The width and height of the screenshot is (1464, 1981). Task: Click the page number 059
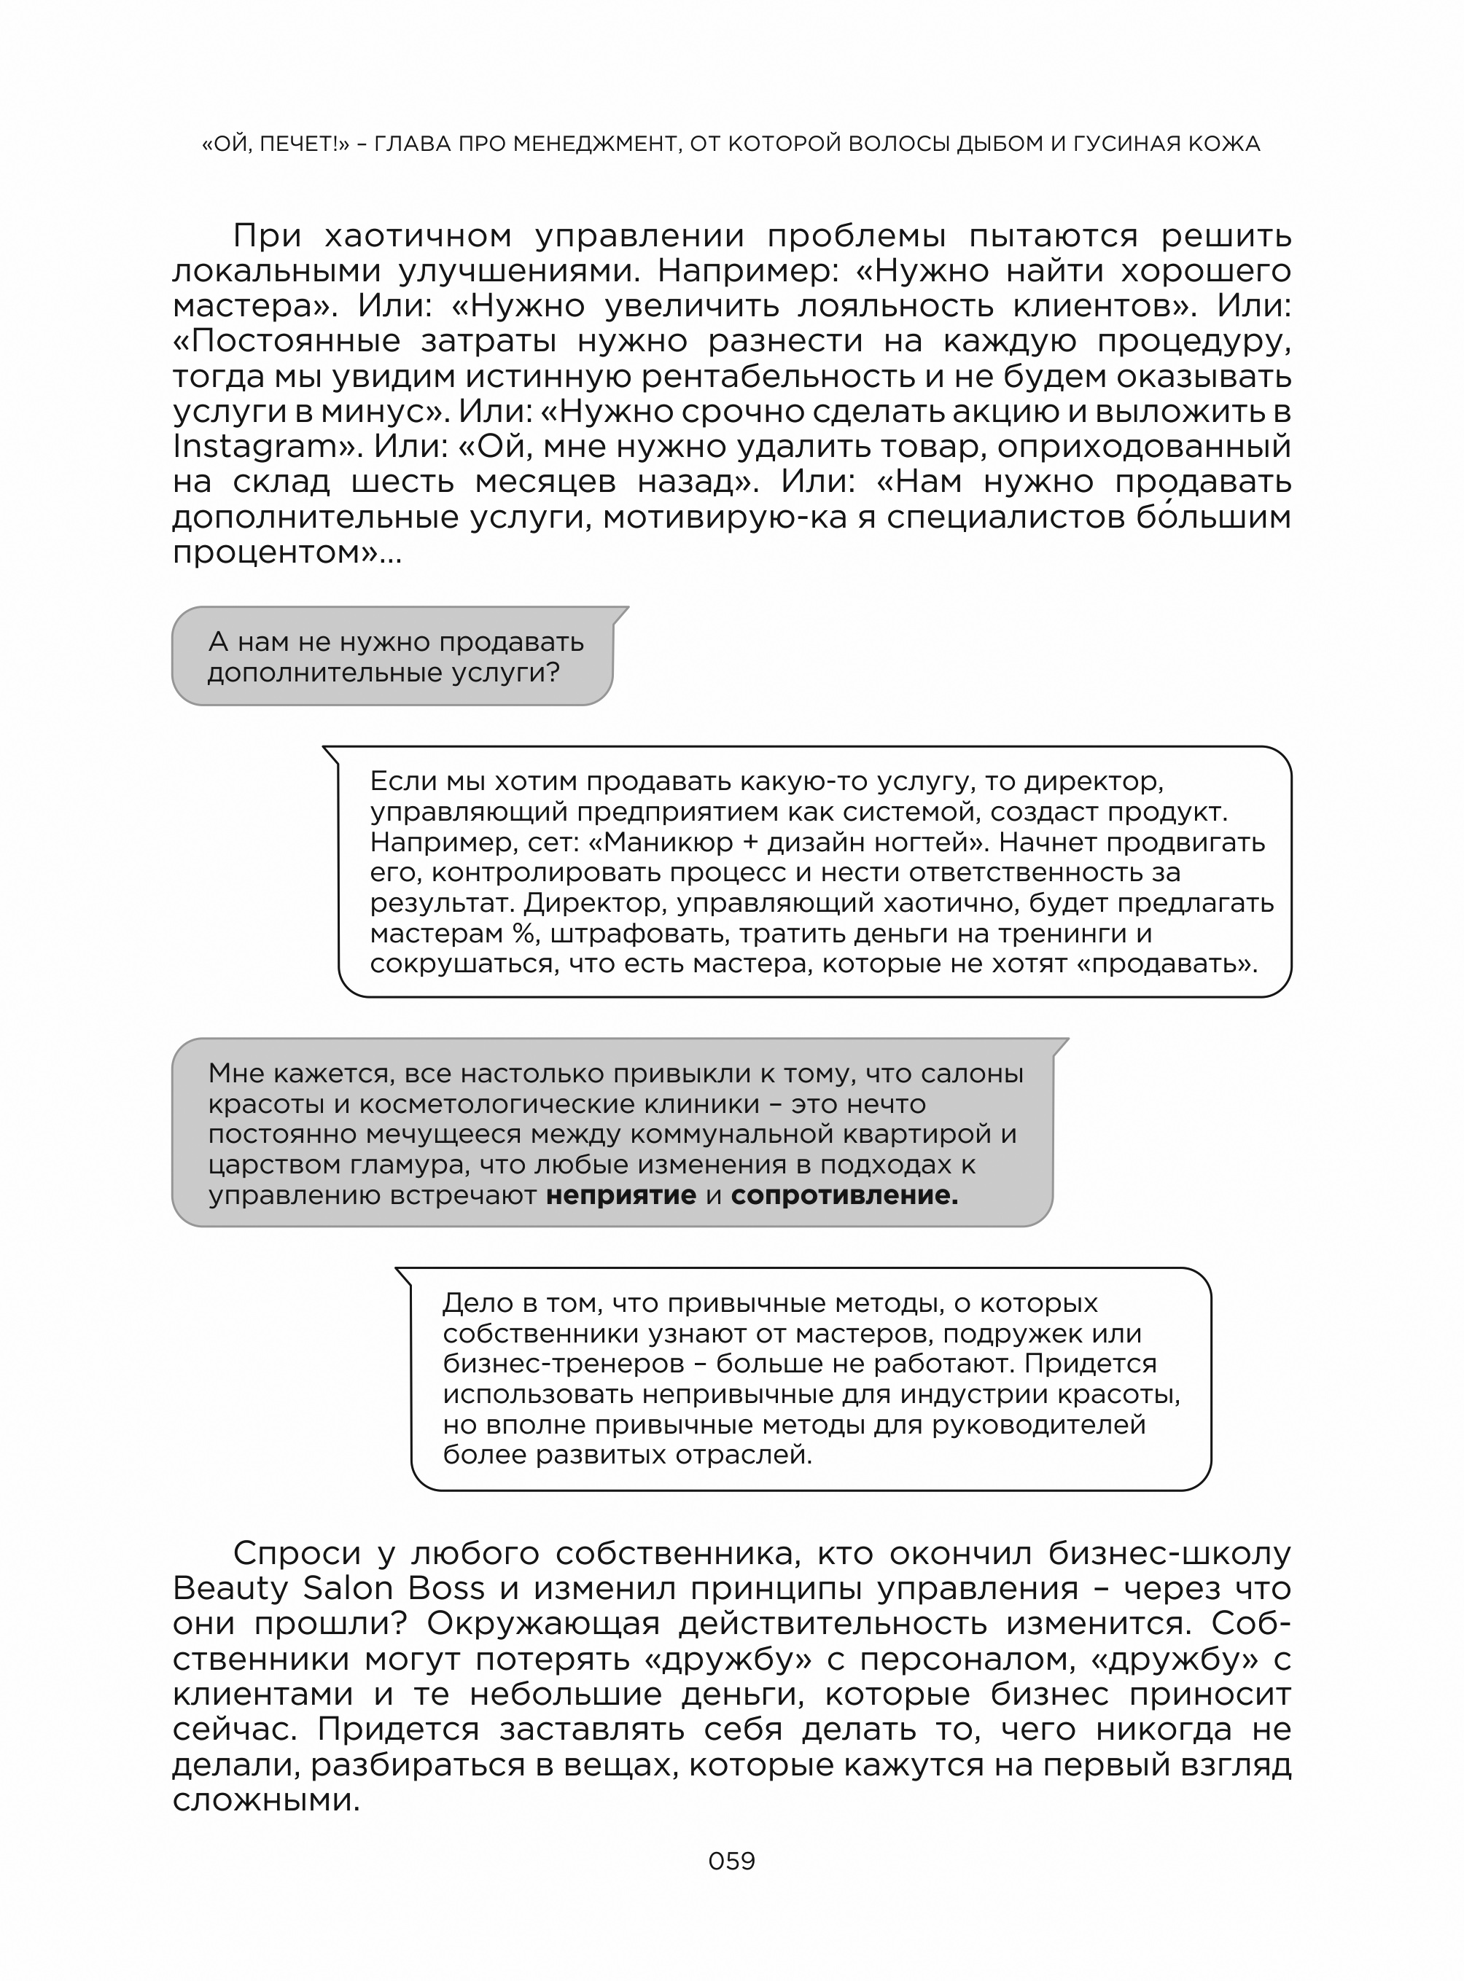731,1861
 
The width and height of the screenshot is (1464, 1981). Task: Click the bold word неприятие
620,1195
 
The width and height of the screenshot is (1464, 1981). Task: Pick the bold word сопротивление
844,1195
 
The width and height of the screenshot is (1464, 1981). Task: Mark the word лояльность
895,305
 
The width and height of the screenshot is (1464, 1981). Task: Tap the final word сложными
266,1800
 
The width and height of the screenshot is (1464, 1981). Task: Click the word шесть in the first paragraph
403,482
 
